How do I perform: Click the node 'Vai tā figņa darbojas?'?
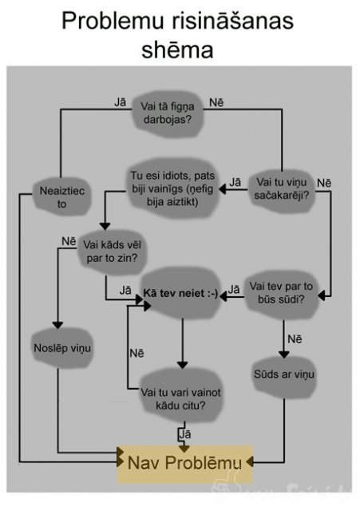(x=168, y=113)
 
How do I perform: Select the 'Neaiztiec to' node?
(x=62, y=197)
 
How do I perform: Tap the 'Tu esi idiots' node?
(x=172, y=188)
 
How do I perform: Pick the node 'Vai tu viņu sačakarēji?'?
(x=282, y=188)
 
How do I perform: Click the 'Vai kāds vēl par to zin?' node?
(x=112, y=252)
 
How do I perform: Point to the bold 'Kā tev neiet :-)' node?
(x=181, y=293)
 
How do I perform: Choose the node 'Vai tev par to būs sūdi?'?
(x=281, y=293)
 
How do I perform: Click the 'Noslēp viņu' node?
(x=62, y=348)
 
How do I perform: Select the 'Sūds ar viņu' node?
(x=284, y=374)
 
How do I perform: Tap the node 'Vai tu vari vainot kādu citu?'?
(x=181, y=399)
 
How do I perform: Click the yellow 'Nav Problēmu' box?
(x=184, y=463)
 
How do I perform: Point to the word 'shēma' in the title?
(x=177, y=50)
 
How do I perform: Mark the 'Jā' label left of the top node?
(x=121, y=102)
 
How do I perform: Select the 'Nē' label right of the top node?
(x=216, y=102)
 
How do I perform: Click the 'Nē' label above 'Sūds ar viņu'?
(x=295, y=339)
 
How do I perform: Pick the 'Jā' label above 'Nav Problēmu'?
(x=185, y=434)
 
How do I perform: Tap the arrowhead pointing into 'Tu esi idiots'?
(x=223, y=189)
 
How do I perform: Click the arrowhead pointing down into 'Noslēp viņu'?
(x=57, y=325)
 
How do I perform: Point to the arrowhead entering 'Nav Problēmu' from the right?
(x=250, y=461)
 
